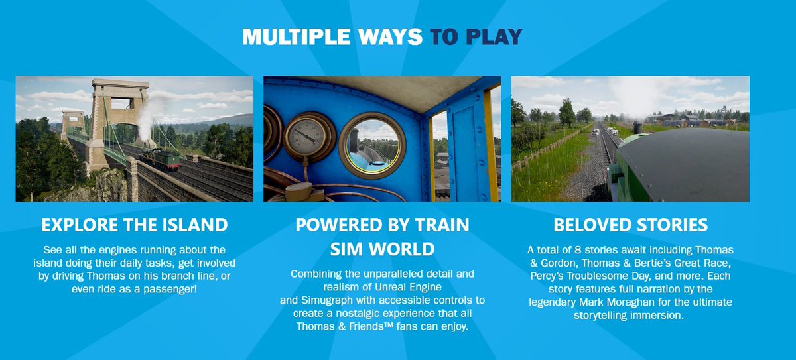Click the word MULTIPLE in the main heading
point(286,37)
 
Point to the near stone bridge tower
point(110,119)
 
